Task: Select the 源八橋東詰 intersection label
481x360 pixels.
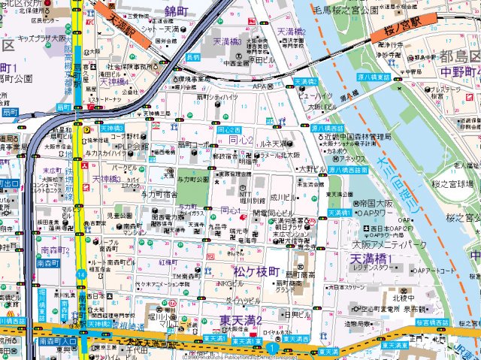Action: [373, 77]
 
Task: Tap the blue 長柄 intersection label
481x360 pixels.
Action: [193, 57]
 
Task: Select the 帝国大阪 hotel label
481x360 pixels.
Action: [376, 204]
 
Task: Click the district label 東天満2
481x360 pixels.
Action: [241, 322]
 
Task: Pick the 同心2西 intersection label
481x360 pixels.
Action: [228, 130]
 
